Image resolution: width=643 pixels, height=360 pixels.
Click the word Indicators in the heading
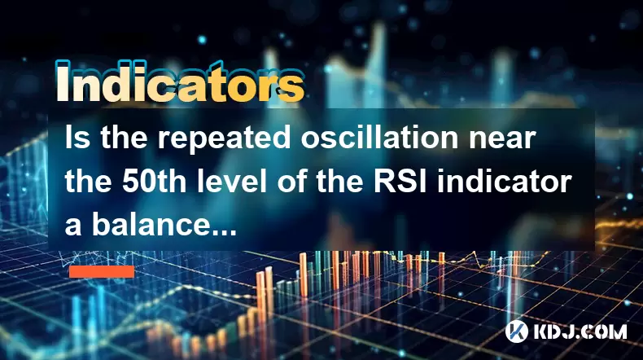[x=180, y=82]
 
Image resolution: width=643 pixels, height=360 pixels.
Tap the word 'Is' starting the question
[x=77, y=137]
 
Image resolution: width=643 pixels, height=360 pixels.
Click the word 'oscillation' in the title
[x=379, y=137]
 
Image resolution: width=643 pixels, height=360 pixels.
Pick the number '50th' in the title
[x=154, y=182]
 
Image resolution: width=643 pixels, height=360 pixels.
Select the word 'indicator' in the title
[x=504, y=181]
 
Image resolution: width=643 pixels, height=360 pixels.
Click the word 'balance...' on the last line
[x=164, y=225]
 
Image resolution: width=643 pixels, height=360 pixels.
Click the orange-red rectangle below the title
[x=102, y=271]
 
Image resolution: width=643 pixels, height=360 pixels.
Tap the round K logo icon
[x=517, y=331]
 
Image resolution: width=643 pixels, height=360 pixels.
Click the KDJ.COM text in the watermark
[x=580, y=331]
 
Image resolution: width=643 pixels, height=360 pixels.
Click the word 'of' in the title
[x=292, y=181]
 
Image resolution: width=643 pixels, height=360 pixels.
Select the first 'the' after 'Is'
[x=124, y=137]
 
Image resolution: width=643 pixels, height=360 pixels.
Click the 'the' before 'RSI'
[x=339, y=182]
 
